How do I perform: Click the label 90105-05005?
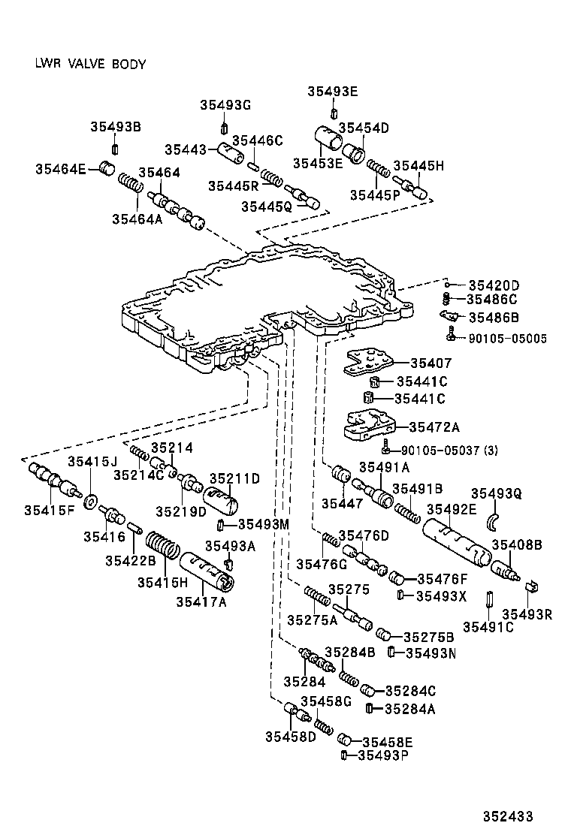click(x=506, y=339)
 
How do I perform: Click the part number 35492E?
click(x=452, y=510)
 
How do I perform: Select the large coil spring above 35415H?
click(x=161, y=550)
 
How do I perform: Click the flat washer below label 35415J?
click(x=90, y=501)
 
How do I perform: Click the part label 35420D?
click(x=494, y=285)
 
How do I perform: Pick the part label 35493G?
click(x=225, y=105)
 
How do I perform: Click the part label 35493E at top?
click(x=332, y=92)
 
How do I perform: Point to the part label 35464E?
click(x=60, y=169)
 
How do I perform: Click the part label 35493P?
click(x=382, y=755)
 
